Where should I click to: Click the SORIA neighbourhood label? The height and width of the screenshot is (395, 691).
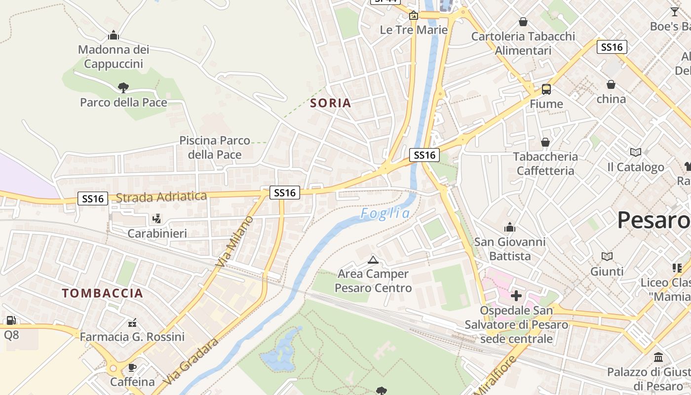pos(331,103)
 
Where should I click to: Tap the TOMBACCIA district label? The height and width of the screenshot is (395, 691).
pos(103,293)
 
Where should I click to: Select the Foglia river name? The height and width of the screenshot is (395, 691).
pos(385,213)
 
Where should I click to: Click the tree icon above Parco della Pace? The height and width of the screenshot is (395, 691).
pos(123,88)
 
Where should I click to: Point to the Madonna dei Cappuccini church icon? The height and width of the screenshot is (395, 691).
pos(114,35)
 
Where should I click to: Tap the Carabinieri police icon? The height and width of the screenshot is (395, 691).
pos(157,218)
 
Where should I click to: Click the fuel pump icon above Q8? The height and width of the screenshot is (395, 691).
pos(11,320)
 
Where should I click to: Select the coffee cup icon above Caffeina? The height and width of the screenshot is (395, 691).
pos(132,367)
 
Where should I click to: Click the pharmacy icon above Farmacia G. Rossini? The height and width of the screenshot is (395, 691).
pos(132,323)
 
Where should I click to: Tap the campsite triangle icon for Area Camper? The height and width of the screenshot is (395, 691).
pos(373,260)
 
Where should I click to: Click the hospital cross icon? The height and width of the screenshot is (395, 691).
pos(516,296)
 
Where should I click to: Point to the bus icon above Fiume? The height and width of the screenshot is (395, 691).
pos(546,89)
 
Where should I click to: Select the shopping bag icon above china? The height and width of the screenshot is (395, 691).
pos(611,84)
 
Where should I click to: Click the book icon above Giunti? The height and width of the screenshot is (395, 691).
pos(607,256)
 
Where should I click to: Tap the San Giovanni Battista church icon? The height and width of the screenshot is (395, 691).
pos(510,228)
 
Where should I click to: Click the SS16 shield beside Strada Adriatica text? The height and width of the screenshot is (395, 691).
pos(93,198)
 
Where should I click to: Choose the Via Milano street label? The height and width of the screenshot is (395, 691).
pos(235,241)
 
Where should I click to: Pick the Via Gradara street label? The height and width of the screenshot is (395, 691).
pos(191,362)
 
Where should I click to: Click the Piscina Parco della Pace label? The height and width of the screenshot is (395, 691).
pos(215,148)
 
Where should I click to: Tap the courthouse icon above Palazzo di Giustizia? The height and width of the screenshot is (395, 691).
pos(658,357)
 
